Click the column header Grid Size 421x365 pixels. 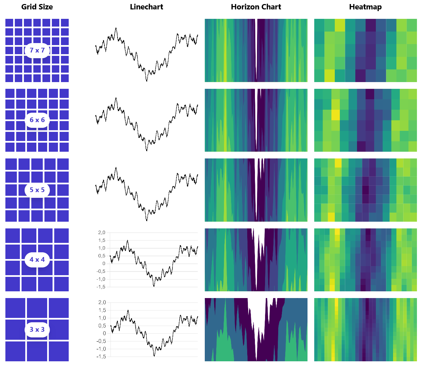click(x=37, y=7)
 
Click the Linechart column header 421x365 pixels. click(x=147, y=7)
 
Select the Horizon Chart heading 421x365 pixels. click(x=256, y=7)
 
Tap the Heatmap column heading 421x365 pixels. click(x=365, y=7)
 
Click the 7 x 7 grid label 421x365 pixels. click(x=37, y=50)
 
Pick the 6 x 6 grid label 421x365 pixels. click(x=37, y=120)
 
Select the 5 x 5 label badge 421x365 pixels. click(x=37, y=190)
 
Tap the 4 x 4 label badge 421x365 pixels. click(x=37, y=260)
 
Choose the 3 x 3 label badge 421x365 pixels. click(x=37, y=330)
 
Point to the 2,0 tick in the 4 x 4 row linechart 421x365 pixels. click(x=102, y=233)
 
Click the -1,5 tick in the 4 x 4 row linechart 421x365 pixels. click(x=101, y=287)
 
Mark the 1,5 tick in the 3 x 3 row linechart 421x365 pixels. click(x=102, y=310)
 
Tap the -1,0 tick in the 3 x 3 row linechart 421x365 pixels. click(x=101, y=349)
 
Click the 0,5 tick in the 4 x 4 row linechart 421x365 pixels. click(x=102, y=256)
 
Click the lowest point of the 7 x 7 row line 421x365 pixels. click(x=147, y=81)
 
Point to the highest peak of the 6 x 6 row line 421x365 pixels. click(x=116, y=98)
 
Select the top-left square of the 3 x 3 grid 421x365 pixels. click(x=15, y=308)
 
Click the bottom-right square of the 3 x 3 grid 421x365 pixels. click(x=59, y=351)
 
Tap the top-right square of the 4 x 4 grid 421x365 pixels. click(x=61, y=235)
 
